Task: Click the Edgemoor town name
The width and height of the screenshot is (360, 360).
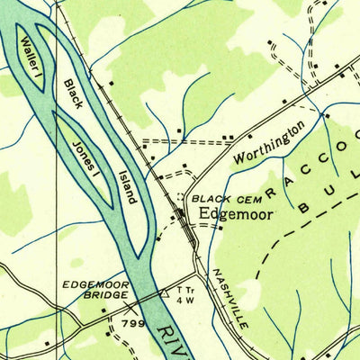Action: coord(236,214)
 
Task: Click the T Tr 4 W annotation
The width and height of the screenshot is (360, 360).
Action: coord(186,296)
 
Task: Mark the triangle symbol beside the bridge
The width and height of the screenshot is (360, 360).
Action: coord(164,292)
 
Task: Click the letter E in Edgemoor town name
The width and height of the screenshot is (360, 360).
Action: coord(204,214)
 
